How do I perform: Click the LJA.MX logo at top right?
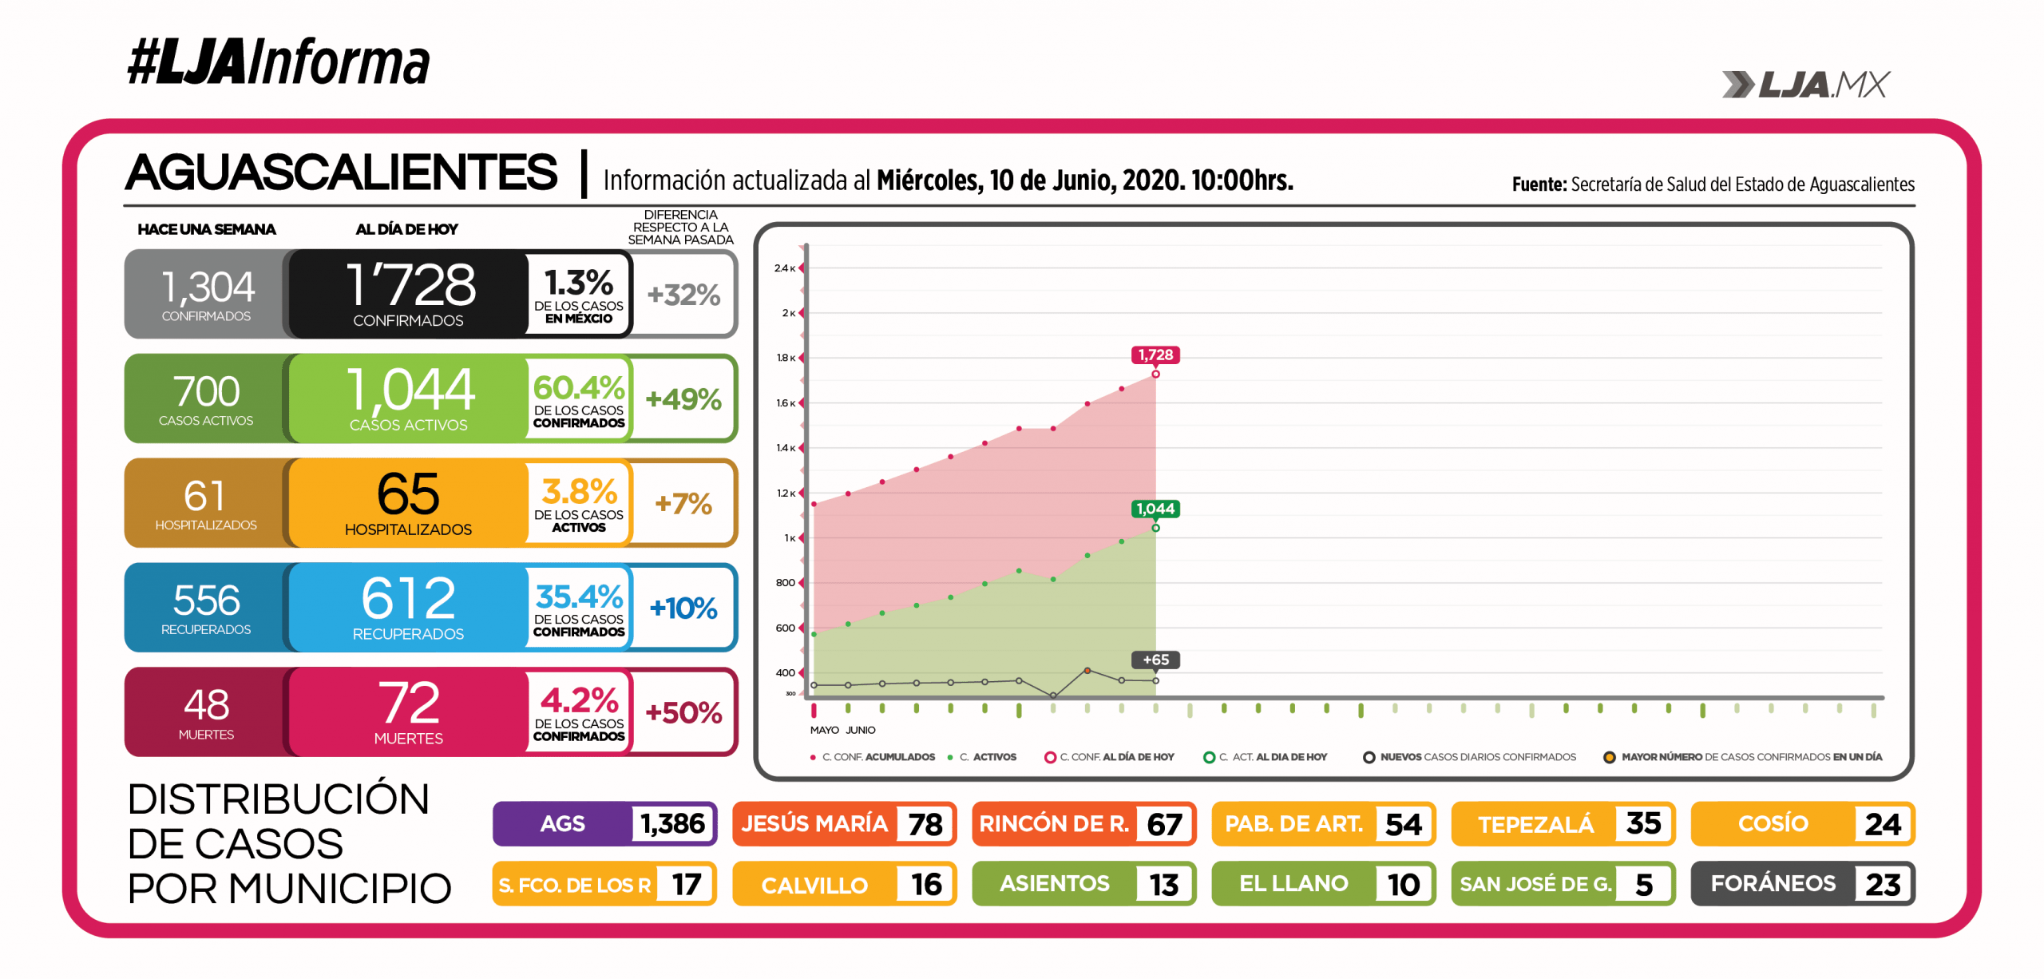[x=1806, y=85]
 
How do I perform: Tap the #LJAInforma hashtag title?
[x=278, y=61]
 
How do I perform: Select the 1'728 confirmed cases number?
[x=410, y=285]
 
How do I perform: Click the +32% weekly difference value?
[x=683, y=295]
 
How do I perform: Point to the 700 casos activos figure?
[x=206, y=392]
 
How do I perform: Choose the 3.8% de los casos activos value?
[x=579, y=492]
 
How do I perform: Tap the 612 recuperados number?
[x=408, y=598]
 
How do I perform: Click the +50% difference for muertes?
[x=683, y=712]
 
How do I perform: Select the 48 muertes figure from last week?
[x=206, y=705]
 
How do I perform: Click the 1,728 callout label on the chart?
[x=1155, y=355]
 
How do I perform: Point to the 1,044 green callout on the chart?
[x=1155, y=509]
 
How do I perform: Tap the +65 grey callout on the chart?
[x=1155, y=660]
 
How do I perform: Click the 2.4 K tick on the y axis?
[x=784, y=268]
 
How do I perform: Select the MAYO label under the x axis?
[x=824, y=730]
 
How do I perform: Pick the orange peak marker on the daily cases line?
[x=1087, y=671]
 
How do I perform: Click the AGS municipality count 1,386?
[x=672, y=823]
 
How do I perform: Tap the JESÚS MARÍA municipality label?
[x=814, y=823]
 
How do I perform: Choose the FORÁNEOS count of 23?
[x=1883, y=884]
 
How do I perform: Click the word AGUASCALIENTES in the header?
[x=342, y=172]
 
